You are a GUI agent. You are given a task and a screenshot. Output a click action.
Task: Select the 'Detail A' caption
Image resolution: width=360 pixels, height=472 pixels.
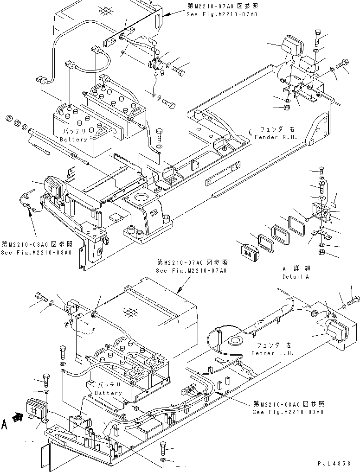(x=296, y=276)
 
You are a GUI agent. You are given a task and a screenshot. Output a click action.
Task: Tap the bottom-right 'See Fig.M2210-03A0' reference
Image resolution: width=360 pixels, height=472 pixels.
(x=288, y=412)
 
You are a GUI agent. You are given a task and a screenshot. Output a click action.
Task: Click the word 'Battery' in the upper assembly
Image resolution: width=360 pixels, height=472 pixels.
(x=73, y=140)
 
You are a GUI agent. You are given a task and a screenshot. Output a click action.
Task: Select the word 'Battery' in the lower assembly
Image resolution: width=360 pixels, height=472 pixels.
(x=108, y=393)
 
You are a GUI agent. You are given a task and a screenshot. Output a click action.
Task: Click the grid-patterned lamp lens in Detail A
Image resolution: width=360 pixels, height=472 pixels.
(x=249, y=253)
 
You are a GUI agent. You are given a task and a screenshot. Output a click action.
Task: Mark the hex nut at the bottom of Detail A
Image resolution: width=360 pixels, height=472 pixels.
(x=321, y=253)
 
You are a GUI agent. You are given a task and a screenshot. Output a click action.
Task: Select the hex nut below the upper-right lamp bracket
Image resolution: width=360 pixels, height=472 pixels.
(x=287, y=108)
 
